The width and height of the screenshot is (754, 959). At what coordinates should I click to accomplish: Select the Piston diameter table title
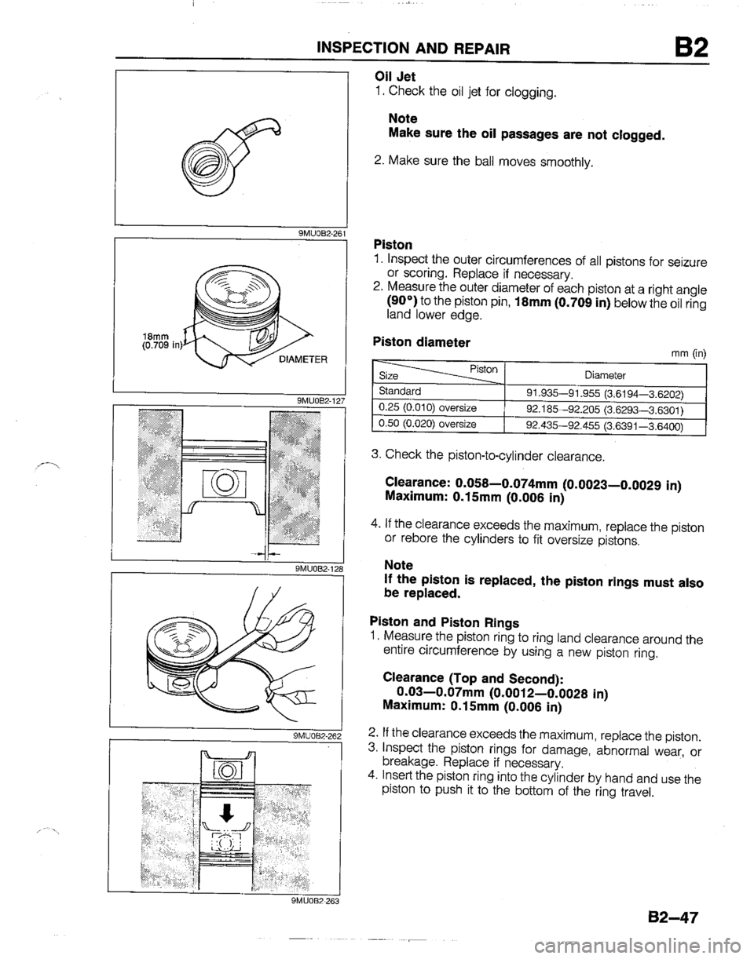point(423,342)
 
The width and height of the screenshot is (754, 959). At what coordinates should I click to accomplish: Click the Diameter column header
point(605,374)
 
